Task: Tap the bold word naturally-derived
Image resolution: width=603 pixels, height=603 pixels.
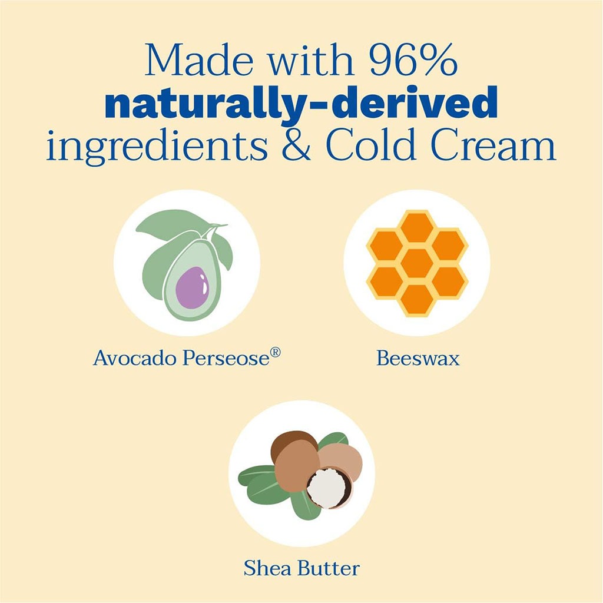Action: click(301, 104)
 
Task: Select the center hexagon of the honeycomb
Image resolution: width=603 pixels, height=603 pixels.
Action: click(417, 263)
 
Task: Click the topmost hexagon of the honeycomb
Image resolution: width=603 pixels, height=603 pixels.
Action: click(417, 227)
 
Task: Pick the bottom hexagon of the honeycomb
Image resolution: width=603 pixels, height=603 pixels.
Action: click(417, 299)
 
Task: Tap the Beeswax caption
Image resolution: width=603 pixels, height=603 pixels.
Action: click(418, 358)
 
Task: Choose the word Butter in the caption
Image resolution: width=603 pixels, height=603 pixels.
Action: click(329, 568)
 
